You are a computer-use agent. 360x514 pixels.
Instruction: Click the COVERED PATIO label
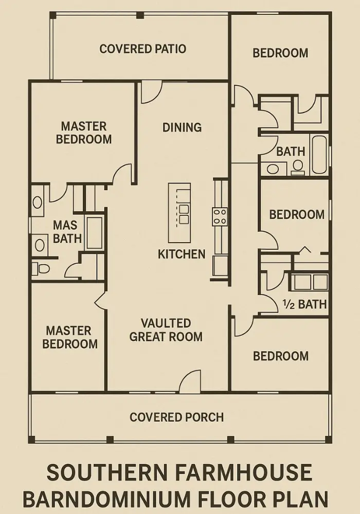coord(142,49)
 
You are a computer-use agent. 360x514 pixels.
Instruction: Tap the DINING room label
coord(182,127)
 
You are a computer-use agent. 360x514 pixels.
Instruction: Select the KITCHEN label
coord(182,254)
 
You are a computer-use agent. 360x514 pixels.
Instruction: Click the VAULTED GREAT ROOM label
coord(166,330)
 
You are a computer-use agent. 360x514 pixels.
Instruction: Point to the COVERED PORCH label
coord(177,417)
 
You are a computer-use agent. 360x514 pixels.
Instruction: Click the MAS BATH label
coord(67,232)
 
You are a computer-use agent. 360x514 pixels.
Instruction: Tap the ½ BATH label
coord(305,304)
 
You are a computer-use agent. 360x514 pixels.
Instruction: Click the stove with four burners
coord(220,216)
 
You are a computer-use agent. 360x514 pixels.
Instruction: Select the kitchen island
coord(179,213)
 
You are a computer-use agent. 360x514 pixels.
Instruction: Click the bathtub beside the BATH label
coord(319,155)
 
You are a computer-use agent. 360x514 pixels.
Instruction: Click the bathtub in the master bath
coord(95,232)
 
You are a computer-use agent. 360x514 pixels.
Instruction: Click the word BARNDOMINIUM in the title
coord(106,500)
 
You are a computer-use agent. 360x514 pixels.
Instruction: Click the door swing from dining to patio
coord(152,92)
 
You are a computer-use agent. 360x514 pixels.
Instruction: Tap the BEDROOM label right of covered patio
coord(280,53)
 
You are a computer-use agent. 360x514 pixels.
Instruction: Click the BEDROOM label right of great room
coord(281,356)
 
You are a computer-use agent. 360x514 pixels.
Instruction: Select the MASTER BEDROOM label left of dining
coord(84,133)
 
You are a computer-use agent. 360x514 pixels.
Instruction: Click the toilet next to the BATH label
coord(298,166)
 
